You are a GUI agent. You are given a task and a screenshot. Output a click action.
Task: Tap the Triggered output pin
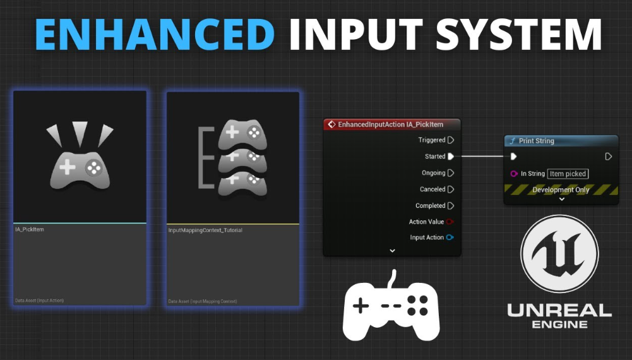451,140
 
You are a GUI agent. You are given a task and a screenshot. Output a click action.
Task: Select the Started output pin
451,157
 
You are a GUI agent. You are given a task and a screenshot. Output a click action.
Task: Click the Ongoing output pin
451,173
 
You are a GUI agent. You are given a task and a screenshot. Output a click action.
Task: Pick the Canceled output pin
451,189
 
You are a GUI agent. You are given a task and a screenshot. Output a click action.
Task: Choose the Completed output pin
451,206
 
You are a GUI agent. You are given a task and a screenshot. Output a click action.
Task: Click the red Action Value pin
450,222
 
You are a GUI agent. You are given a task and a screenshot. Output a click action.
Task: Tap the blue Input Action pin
450,237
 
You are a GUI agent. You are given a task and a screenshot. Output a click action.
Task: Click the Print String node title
536,141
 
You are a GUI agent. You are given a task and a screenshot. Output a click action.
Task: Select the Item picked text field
568,174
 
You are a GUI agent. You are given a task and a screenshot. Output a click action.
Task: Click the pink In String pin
514,174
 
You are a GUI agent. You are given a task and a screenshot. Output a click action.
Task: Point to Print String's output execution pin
608,157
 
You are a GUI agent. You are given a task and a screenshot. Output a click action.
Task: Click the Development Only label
561,189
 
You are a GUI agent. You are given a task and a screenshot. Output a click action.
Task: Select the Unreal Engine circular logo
559,254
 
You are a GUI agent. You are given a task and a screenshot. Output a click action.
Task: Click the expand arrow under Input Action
392,251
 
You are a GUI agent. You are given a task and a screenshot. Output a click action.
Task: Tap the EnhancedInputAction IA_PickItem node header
391,124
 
